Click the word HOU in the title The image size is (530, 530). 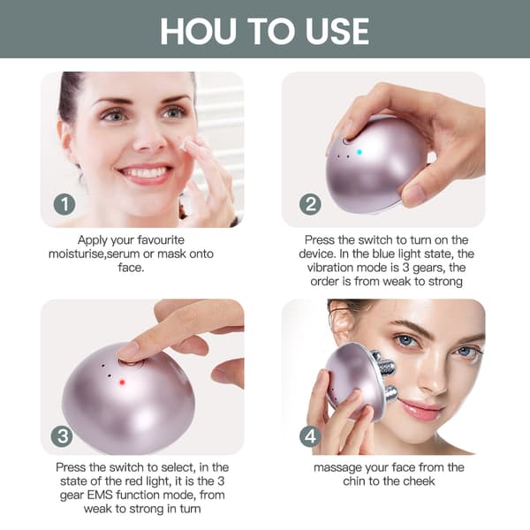coord(199,32)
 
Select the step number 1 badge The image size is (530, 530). coord(64,204)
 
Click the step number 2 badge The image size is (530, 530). coord(310,204)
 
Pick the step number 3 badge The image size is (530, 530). coord(62,436)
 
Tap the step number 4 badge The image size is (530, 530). coord(310,436)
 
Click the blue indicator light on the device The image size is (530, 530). coord(360,152)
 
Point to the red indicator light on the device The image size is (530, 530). coord(122,382)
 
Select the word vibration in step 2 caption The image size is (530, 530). coord(330,268)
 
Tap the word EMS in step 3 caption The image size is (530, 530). coord(98,496)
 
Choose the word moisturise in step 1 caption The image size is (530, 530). coord(76,254)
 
